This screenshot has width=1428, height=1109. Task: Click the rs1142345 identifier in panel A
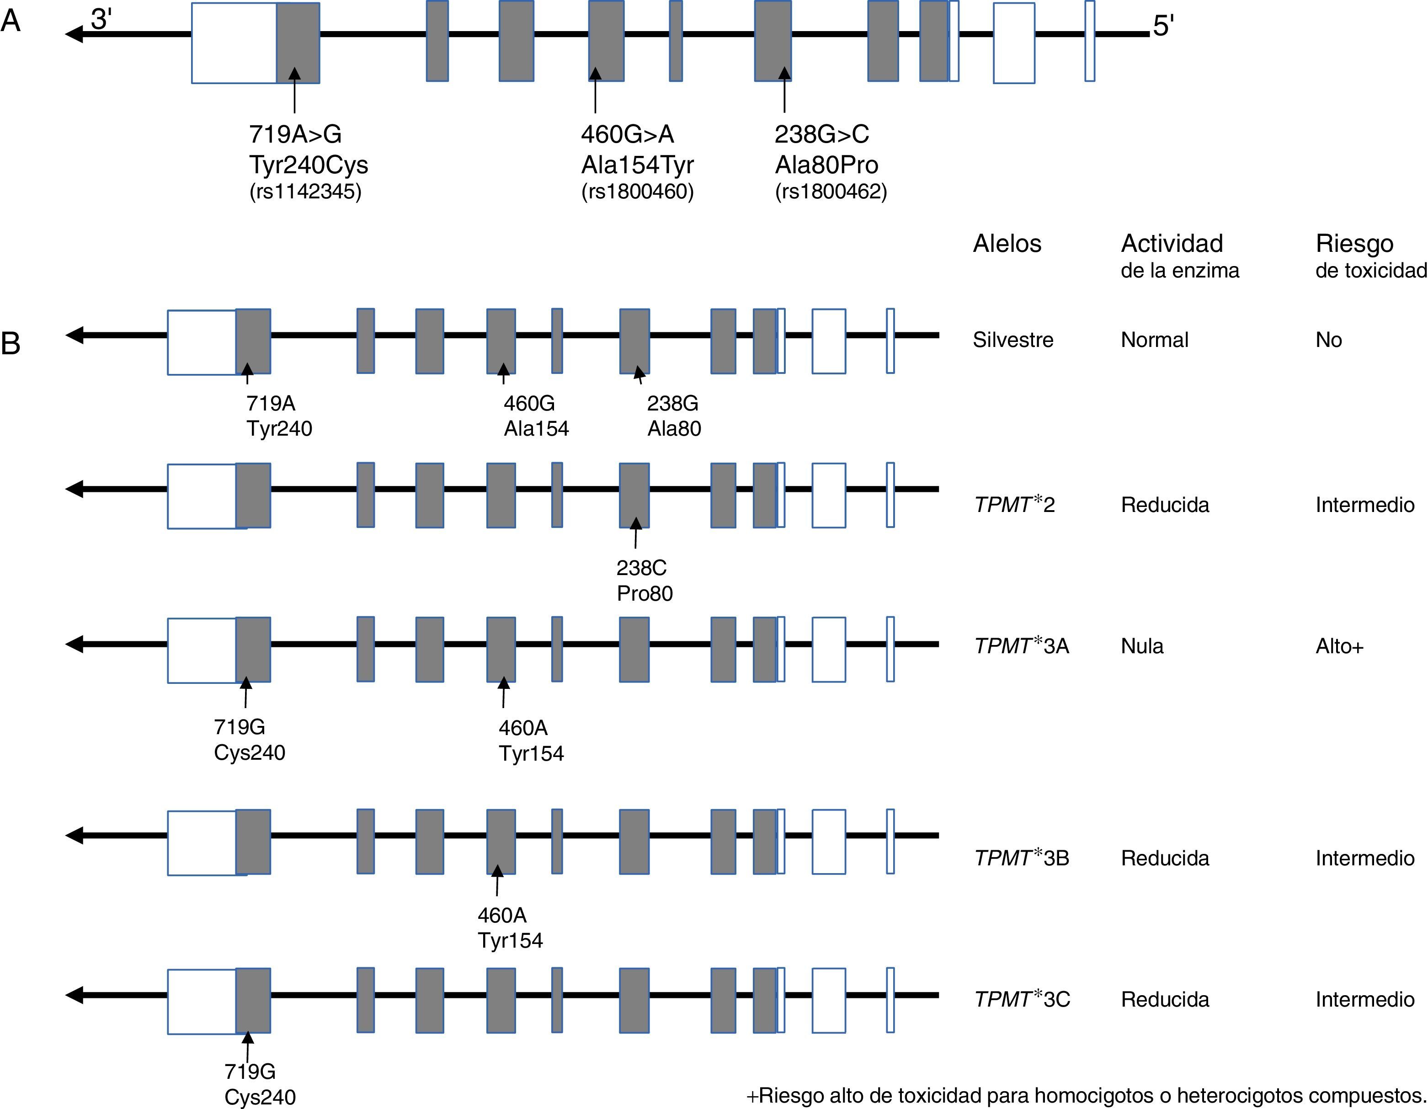pos(305,192)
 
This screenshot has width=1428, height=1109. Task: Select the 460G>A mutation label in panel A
pos(627,135)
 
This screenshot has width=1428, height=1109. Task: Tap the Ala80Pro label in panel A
pos(826,165)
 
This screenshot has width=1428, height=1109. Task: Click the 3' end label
pos(101,20)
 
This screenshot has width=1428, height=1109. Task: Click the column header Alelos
pos(1007,244)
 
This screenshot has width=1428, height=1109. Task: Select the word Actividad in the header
pos(1172,244)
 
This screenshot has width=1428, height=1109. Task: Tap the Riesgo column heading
pos(1354,244)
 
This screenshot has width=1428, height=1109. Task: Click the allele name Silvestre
pos(1013,340)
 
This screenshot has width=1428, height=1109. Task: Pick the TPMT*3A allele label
pos(1021,646)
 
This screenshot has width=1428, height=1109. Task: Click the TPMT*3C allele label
pos(1021,999)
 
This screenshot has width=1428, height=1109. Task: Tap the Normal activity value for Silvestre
pos(1155,340)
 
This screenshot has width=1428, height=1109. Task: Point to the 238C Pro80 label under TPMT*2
pos(644,581)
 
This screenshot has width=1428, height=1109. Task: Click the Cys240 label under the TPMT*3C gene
pos(260,1097)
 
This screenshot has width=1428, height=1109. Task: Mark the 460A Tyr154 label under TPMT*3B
pos(510,928)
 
